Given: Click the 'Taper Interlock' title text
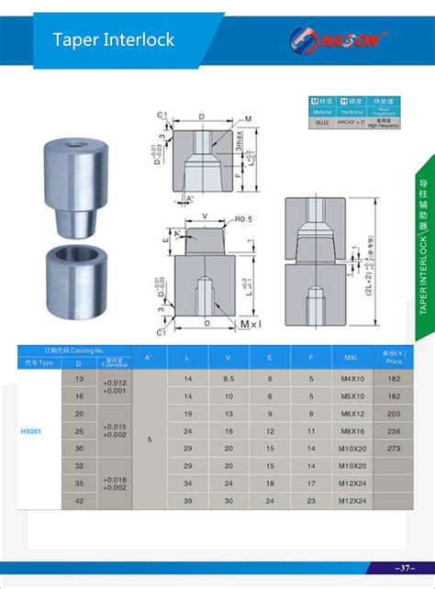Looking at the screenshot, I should [113, 39].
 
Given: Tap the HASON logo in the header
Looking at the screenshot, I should [340, 39].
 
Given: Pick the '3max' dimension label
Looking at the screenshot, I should [236, 147].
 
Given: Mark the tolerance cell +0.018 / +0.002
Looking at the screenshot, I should [115, 484].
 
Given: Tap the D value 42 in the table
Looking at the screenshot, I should [78, 501].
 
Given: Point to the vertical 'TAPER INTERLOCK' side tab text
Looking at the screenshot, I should [423, 262].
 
